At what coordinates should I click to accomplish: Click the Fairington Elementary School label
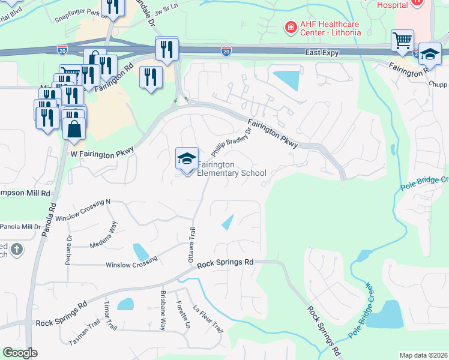pos(232,169)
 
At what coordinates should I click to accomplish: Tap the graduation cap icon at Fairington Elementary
pos(187,158)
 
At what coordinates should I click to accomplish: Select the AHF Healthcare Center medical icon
pos(291,28)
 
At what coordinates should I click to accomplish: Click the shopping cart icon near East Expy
pos(402,41)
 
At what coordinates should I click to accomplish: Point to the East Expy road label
pos(321,53)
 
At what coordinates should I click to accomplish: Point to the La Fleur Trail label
pos(208,320)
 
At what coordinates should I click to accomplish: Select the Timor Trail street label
pos(111,316)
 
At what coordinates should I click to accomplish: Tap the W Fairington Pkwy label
pos(101,155)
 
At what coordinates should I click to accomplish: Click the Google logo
pos(20,353)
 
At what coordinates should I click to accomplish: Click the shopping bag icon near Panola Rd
pos(73,130)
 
